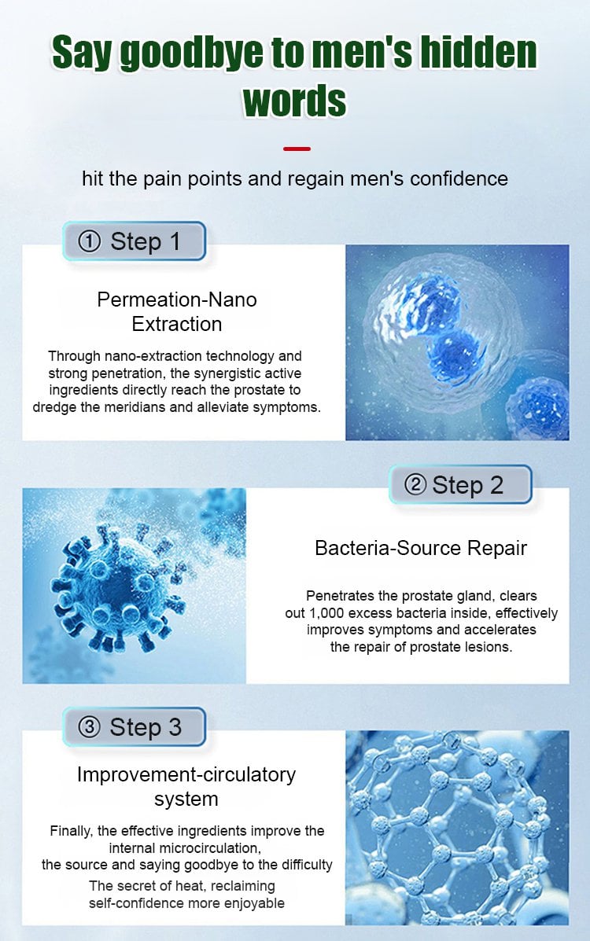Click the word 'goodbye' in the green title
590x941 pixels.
tap(192, 52)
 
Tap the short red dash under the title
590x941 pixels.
tap(297, 149)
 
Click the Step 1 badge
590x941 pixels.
tap(135, 241)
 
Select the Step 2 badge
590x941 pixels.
tap(461, 484)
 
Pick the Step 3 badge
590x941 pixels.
tap(135, 726)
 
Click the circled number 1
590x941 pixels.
tap(90, 242)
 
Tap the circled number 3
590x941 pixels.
tap(89, 727)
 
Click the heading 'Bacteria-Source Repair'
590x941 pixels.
tap(421, 548)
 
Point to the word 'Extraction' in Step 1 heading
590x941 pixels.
tap(177, 324)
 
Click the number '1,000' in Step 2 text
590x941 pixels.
tap(326, 613)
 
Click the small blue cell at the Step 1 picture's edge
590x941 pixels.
tap(538, 408)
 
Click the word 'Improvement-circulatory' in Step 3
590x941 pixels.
tap(186, 775)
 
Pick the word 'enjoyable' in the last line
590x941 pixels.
tap(254, 904)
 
